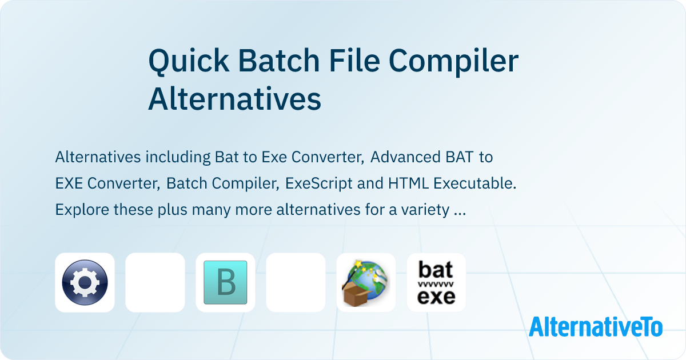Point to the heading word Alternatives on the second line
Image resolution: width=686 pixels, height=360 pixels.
tap(234, 99)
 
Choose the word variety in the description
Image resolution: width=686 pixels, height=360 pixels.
tap(422, 210)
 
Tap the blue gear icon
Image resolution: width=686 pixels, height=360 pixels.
tap(85, 282)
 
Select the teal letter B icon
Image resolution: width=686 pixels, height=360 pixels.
tap(225, 282)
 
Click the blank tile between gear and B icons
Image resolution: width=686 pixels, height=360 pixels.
tap(155, 282)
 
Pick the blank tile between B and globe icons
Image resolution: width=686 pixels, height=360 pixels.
tap(296, 282)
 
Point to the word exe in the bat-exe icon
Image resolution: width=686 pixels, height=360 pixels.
tap(436, 297)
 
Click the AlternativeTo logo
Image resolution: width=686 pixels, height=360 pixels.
tap(595, 327)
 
